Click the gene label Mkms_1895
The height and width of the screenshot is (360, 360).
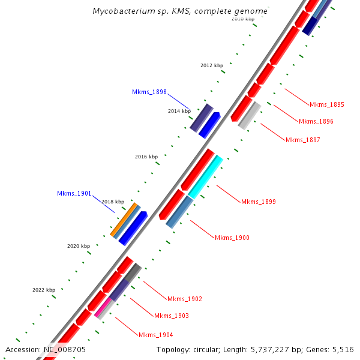(327, 104)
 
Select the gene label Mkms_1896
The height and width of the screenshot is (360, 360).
(316, 122)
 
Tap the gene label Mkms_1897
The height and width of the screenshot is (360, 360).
(302, 140)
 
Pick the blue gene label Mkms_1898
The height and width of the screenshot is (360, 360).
(149, 92)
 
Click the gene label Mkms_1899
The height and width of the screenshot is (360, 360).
(258, 202)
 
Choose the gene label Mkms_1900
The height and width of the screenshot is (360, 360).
(232, 238)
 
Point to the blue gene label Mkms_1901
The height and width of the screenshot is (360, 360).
(74, 193)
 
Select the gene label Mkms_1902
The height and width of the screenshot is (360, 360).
(185, 299)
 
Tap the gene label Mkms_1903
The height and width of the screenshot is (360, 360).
(171, 316)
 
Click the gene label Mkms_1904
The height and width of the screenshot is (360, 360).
(155, 335)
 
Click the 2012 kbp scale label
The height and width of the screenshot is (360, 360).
(211, 65)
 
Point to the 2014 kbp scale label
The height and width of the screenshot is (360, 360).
(179, 111)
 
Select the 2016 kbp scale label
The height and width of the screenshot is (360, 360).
(146, 157)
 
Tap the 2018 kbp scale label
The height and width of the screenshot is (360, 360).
(112, 202)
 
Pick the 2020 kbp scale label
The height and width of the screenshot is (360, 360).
(78, 246)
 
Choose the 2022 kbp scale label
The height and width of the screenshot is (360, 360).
(43, 290)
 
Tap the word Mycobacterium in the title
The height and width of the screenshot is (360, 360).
(121, 11)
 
